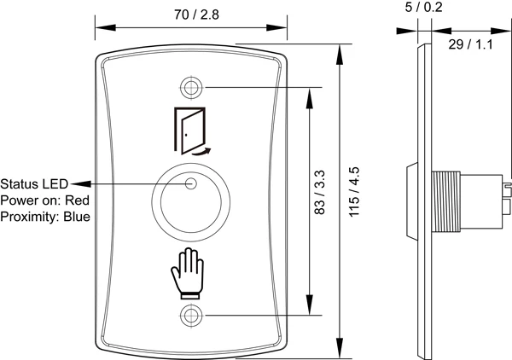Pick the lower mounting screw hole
191,314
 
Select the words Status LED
33,183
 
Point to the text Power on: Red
44,200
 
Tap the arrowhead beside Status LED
75,183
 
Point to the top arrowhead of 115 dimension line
340,50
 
